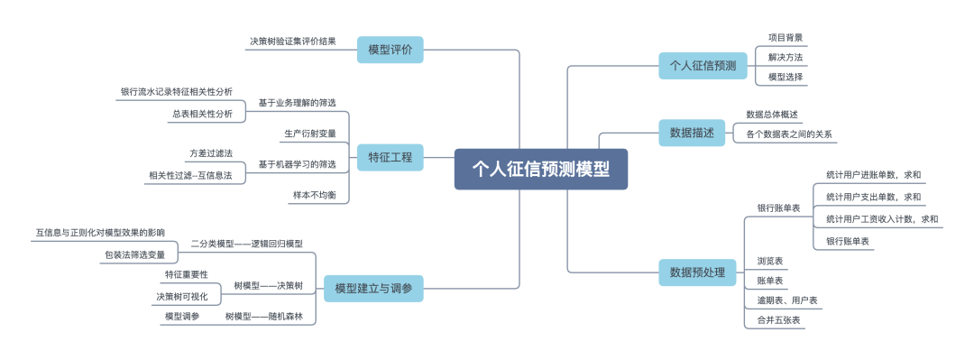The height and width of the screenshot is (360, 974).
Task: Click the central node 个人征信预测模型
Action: click(x=540, y=169)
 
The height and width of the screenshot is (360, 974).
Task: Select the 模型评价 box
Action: click(x=390, y=49)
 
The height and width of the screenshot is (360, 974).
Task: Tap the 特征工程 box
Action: click(x=390, y=157)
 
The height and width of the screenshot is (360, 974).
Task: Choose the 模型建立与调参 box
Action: click(x=373, y=288)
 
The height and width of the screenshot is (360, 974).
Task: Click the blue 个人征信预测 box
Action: click(x=703, y=65)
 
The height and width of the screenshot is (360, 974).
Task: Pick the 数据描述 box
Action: click(x=691, y=133)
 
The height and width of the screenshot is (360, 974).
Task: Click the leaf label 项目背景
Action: click(x=785, y=38)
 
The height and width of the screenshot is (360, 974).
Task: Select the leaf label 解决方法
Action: click(x=785, y=58)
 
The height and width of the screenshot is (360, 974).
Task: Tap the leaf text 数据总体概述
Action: click(x=772, y=115)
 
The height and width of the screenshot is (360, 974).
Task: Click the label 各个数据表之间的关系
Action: click(x=788, y=134)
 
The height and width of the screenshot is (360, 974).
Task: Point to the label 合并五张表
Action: click(x=779, y=320)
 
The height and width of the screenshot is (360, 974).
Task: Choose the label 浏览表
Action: click(x=769, y=261)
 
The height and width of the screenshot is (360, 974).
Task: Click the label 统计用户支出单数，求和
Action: click(x=873, y=196)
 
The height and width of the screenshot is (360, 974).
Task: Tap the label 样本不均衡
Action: click(x=314, y=194)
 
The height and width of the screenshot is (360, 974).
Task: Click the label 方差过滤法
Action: click(x=210, y=154)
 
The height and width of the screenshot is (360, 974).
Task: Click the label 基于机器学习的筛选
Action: click(x=297, y=164)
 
